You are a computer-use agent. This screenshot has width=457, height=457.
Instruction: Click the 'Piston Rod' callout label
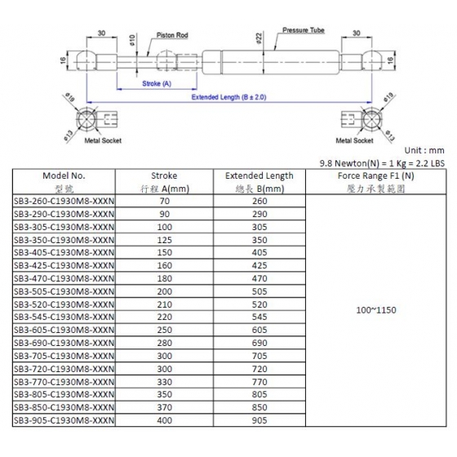point(172,35)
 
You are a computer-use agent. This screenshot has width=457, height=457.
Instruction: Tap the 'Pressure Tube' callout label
point(304,30)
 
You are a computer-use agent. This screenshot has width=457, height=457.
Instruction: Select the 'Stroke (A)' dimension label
point(157,83)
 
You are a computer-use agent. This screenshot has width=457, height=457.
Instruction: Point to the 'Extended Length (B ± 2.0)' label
point(228,97)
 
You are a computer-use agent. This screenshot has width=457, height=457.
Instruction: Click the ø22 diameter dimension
point(260,38)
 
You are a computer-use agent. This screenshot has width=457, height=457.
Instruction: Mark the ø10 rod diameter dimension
point(132,40)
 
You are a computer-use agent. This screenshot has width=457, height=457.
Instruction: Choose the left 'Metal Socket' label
point(103,140)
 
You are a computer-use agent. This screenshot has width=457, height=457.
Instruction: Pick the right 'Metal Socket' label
point(354,140)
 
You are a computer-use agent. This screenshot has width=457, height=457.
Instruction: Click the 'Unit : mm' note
point(424,150)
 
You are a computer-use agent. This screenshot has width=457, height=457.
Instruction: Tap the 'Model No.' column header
point(64,175)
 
